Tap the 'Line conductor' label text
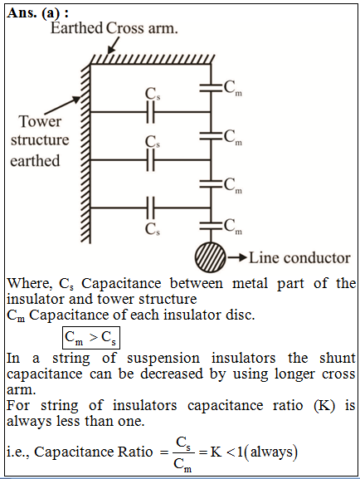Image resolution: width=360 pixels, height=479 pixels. pos(299,258)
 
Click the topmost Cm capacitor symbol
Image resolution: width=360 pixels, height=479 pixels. pos(211,87)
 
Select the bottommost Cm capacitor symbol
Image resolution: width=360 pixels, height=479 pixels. pos(211,226)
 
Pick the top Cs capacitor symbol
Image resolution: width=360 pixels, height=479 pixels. pos(150,112)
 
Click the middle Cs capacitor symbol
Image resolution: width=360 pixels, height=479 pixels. pos(150,159)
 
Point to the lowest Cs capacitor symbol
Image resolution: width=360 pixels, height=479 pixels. pos(150,208)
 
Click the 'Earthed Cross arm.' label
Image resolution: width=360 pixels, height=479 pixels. pos(114,28)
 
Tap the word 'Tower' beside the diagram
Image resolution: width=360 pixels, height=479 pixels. pos(40,121)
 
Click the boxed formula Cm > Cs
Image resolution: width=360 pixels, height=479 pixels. pos(91,338)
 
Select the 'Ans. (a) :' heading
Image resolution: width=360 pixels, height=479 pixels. pos(37,13)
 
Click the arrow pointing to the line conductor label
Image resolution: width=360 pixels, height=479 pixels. pos(237,257)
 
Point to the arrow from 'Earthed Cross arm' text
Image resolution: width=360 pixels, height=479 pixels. pos(113,46)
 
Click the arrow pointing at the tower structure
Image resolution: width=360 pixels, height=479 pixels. pos(62,105)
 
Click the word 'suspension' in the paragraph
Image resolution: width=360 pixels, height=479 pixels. pos(163,359)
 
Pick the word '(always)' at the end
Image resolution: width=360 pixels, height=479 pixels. pos(274,452)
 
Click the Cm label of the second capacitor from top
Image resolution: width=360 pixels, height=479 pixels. pos(233,137)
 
